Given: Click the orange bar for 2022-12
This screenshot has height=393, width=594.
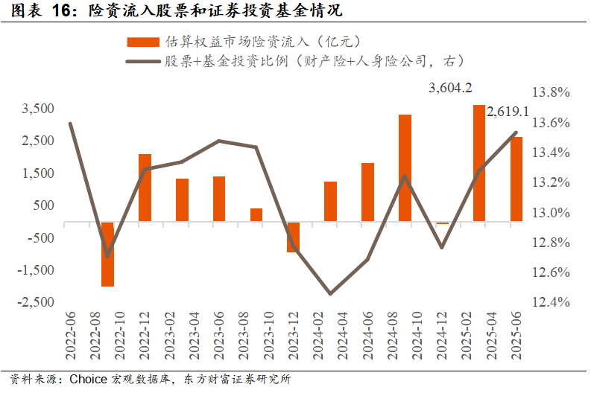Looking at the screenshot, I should (145, 188).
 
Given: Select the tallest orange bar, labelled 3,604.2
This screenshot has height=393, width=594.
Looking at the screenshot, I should (479, 164).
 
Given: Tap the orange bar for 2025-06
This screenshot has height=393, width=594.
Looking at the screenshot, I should (516, 179).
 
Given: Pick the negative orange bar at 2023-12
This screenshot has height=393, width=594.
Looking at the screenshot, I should (293, 237).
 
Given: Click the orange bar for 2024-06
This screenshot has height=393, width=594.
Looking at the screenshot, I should (367, 192).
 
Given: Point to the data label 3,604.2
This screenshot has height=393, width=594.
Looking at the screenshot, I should (450, 88).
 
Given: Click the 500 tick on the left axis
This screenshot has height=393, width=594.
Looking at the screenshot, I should (43, 205).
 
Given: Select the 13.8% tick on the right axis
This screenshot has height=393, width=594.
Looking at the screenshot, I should (550, 92).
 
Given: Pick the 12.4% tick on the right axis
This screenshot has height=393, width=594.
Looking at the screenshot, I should (550, 302).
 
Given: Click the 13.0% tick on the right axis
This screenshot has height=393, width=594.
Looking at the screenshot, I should (550, 213).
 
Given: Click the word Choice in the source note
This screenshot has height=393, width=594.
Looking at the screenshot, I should (89, 379).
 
